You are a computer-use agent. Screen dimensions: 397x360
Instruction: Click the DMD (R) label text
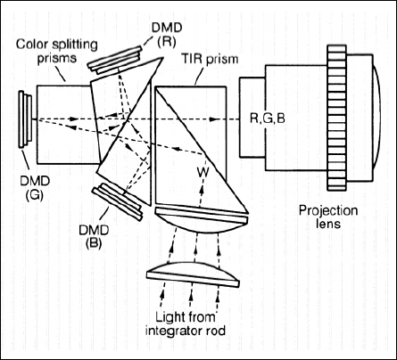167,35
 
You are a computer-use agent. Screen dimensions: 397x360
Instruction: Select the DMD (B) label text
94,236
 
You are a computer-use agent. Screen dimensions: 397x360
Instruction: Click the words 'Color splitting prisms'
57,51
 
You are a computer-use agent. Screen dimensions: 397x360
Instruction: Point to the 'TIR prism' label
210,59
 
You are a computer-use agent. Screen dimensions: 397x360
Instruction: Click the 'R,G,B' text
268,119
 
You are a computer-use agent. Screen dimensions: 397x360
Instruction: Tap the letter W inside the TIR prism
203,172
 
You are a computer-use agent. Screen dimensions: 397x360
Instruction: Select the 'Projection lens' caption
328,217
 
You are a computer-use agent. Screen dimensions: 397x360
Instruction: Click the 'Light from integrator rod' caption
186,323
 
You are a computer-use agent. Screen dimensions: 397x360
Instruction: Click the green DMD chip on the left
25,119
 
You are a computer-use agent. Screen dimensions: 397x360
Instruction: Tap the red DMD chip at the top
115,61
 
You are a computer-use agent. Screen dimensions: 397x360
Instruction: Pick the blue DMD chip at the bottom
117,202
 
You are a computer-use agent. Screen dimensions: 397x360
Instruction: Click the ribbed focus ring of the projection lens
336,118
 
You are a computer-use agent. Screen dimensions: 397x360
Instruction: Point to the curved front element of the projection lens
377,118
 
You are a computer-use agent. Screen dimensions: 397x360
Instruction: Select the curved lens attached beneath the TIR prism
203,220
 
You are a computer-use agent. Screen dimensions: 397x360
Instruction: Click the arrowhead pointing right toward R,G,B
213,119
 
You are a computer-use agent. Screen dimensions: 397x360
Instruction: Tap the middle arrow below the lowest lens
191,296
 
